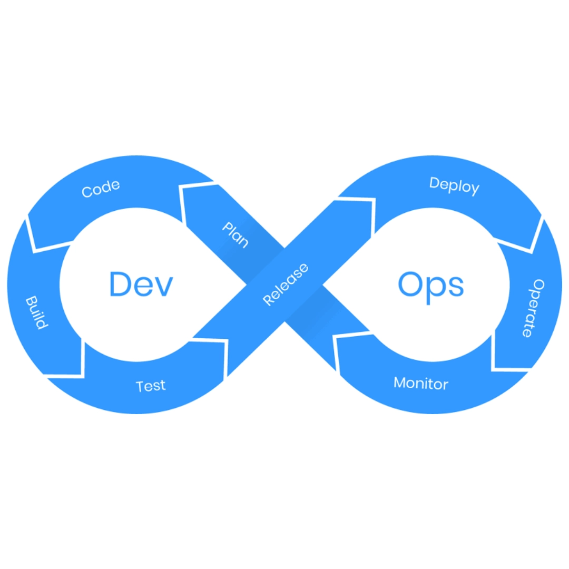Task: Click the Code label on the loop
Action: (x=101, y=188)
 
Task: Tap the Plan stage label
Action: (x=236, y=234)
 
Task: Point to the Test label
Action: (x=151, y=386)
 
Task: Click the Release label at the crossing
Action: (x=286, y=284)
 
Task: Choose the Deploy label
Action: (x=454, y=185)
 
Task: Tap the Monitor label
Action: (x=421, y=383)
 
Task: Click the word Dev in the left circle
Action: (x=141, y=284)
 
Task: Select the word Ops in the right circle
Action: (x=431, y=285)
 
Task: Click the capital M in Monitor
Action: (x=400, y=382)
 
